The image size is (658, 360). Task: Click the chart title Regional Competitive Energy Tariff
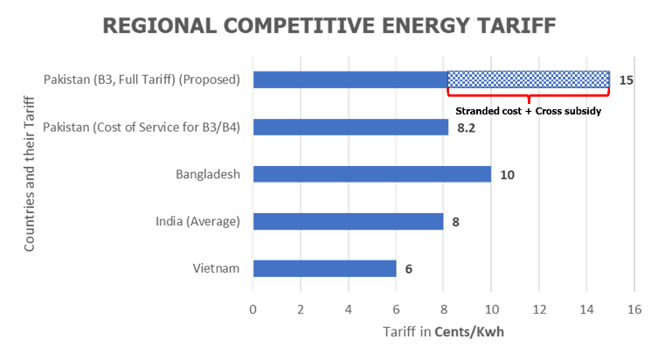[329, 24]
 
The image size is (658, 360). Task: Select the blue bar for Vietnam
[324, 268]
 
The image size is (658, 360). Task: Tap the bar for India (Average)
[348, 221]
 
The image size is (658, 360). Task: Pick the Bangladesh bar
[371, 174]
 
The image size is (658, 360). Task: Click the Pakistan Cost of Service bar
[350, 127]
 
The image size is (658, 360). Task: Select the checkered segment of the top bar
[529, 80]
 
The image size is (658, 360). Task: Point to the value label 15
[626, 80]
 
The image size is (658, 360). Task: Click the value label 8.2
[467, 128]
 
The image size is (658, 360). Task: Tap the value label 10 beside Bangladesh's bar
[507, 175]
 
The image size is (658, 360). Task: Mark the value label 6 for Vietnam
[409, 269]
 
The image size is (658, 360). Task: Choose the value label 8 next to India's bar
[455, 222]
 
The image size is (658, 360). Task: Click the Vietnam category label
[217, 268]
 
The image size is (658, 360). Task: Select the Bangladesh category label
[207, 174]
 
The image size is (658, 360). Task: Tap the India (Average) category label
[192, 221]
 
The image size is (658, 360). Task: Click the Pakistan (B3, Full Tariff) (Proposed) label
[142, 80]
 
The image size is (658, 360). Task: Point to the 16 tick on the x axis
[634, 308]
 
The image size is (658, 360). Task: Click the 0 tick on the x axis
[253, 308]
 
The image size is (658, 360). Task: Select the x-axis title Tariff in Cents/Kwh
[443, 332]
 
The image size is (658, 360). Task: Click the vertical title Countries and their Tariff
[31, 174]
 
